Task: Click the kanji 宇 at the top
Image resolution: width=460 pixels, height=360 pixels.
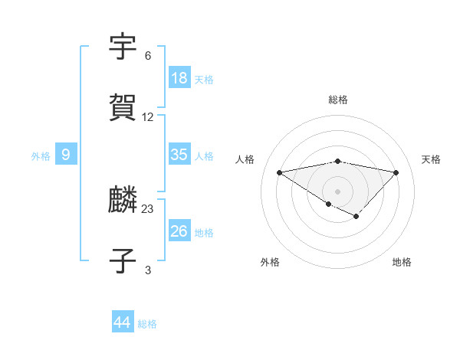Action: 123,48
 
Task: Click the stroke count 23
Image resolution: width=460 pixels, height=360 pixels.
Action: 148,208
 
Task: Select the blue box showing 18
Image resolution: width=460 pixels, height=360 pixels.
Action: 179,77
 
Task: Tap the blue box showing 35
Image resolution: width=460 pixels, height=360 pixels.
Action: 179,154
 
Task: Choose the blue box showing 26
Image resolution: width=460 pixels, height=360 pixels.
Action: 179,231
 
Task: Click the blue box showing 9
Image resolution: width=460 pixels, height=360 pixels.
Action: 66,155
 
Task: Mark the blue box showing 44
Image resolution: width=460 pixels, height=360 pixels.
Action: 123,322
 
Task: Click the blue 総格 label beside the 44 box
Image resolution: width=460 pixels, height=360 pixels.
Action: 147,324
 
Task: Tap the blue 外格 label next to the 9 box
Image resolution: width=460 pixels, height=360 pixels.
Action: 41,156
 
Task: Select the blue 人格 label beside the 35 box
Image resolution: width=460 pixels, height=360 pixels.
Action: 204,155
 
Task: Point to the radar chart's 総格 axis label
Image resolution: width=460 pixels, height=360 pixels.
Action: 338,100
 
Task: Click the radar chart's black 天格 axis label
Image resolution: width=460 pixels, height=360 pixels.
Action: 431,159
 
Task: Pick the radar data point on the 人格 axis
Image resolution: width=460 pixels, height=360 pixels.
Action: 279,172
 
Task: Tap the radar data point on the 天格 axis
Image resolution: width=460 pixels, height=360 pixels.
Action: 396,172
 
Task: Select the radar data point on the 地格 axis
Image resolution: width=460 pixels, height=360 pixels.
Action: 356,217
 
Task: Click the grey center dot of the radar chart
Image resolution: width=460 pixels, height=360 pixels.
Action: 338,191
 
